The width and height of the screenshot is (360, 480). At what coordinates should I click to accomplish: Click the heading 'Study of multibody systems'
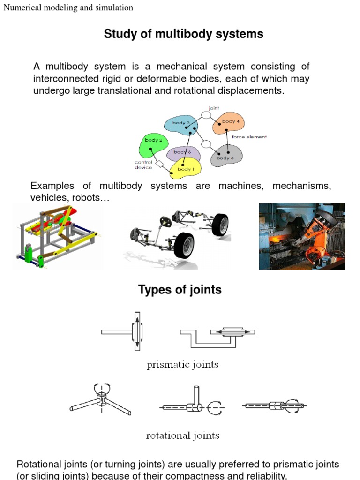[x=183, y=34]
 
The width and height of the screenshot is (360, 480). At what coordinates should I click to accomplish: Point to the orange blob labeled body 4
[x=229, y=123]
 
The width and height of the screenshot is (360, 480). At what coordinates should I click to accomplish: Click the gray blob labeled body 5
[x=226, y=156]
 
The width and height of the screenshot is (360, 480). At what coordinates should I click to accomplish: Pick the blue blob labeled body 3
[x=181, y=125]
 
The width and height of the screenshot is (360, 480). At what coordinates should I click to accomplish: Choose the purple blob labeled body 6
[x=183, y=153]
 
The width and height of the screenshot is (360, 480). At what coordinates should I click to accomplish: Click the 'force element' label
[x=249, y=137]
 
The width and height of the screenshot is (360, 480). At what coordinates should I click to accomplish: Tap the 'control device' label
[x=143, y=165]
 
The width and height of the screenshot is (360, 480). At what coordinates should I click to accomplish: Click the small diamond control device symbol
[x=160, y=164]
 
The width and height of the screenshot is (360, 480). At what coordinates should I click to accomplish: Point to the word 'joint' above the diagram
[x=214, y=108]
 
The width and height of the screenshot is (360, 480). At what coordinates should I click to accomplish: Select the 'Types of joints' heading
[x=180, y=290]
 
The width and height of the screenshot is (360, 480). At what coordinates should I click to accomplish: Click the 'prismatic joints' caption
[x=182, y=365]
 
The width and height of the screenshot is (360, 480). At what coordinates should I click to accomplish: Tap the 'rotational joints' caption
[x=183, y=435]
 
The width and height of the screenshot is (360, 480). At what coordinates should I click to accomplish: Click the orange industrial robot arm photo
[x=302, y=236]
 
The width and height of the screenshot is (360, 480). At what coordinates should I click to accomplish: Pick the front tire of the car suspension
[x=184, y=246]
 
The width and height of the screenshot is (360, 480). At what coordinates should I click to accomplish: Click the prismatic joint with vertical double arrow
[x=122, y=331]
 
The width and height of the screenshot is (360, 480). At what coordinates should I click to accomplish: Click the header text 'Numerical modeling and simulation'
[x=68, y=7]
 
